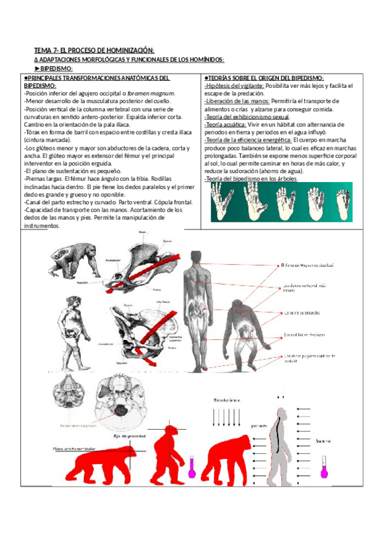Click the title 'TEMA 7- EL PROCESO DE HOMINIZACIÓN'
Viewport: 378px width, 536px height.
[94, 50]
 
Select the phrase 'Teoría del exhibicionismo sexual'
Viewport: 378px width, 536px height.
[247, 117]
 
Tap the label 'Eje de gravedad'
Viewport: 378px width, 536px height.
[129, 435]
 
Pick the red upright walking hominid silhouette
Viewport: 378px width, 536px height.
[170, 455]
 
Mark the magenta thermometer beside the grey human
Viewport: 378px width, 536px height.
[323, 466]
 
